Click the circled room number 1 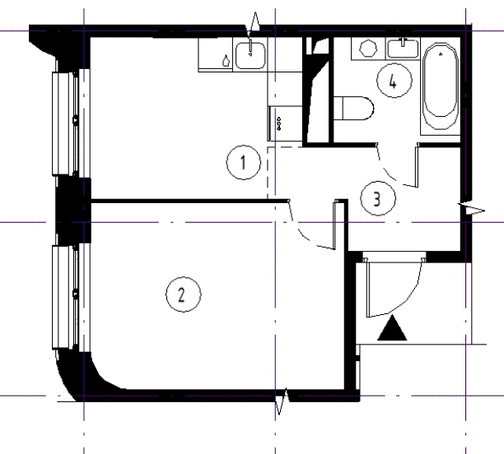(243, 162)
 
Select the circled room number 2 (183, 294)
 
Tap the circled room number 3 (378, 198)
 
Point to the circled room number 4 (394, 81)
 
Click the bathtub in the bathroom (441, 86)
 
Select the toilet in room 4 (353, 109)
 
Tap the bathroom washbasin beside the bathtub (403, 49)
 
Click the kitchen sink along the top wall (250, 55)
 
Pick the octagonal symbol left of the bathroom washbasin (368, 49)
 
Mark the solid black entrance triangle (392, 328)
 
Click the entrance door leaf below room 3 (368, 287)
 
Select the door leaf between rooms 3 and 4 (418, 166)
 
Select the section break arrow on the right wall (471, 210)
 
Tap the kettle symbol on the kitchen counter (226, 60)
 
